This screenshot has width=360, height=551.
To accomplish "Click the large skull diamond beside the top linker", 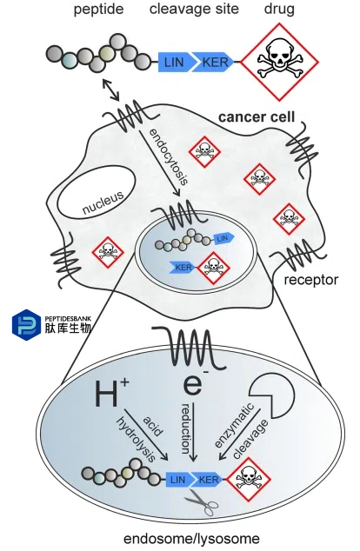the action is coord(279,63).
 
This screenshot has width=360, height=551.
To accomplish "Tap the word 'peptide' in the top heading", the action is coord(98,10).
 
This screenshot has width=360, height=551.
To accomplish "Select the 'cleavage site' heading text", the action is coord(194,9).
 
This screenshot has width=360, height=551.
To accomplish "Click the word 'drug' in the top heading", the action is coord(279,10).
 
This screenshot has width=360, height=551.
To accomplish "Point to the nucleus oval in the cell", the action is coord(97,193).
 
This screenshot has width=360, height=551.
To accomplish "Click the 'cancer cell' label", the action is coord(257,117).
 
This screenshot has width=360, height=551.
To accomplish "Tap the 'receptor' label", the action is coord(311,280).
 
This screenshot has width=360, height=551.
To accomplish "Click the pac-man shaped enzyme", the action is coord(272,395).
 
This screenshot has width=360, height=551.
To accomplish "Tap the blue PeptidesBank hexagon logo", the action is coord(26,325).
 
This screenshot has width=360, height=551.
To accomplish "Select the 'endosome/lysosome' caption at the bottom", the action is coord(191,538).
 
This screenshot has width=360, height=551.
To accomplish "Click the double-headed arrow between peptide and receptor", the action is coord(110,90).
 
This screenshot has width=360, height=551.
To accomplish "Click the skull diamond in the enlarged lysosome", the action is coord(249,479).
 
